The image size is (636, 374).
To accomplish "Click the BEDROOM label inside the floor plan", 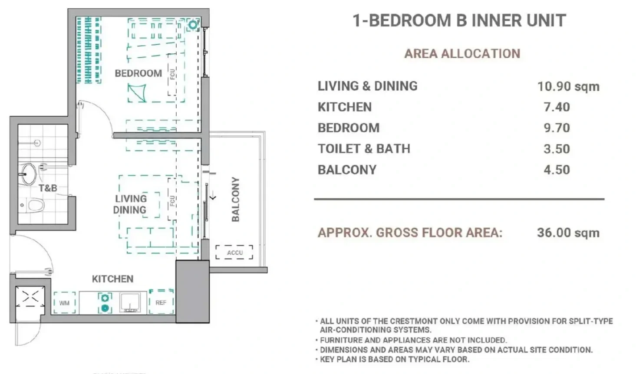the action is pos(138,73).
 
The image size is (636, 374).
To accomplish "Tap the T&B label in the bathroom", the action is pos(48,188).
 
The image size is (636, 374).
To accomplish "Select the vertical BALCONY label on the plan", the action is pos(236,200).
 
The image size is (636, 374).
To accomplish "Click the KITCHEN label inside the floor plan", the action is pos(113,279).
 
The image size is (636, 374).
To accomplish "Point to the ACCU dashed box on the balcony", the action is pos(234,252).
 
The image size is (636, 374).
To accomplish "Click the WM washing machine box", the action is pos(64,303).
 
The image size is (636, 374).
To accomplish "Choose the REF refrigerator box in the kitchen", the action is pos(161,302).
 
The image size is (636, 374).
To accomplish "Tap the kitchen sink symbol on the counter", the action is pos(130,302).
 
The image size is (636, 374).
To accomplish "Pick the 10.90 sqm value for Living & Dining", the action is pos(568,86).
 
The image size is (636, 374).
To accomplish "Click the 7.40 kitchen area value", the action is pos(557,107).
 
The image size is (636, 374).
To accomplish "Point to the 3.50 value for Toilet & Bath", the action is pos(557,149).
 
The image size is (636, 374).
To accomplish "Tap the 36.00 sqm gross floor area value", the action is pos(568,233).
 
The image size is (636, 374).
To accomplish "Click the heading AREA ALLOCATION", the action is pos(462,54).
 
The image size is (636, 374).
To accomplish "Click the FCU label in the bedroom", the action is pos(172,74).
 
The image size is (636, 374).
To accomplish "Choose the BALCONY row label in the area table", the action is pos(347,170).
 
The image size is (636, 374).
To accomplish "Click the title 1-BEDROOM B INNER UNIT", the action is pos(459,20).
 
